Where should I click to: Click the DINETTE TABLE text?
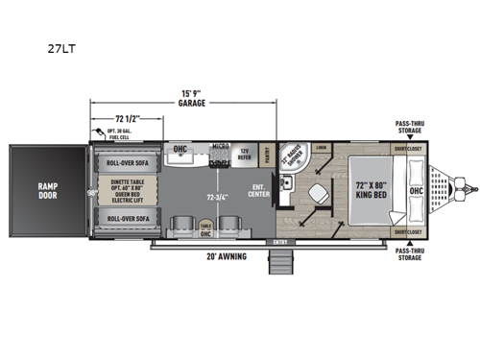click(x=128, y=180)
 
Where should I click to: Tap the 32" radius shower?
click(x=294, y=157)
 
